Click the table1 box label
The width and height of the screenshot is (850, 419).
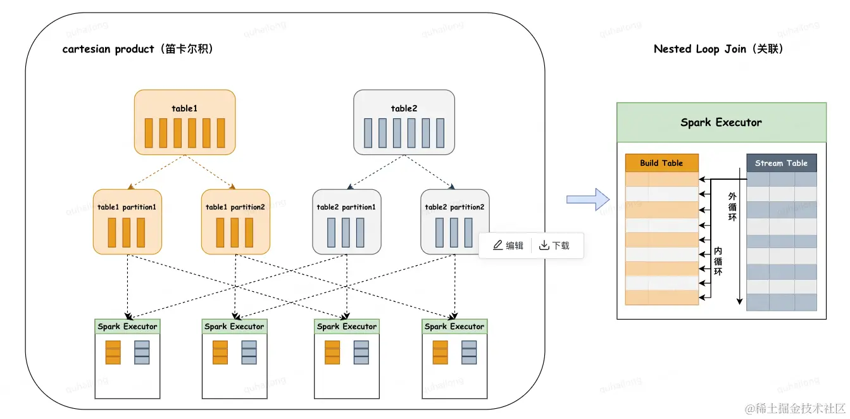(x=184, y=108)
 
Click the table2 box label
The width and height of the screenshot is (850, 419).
(x=404, y=108)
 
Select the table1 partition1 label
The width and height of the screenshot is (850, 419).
(x=127, y=207)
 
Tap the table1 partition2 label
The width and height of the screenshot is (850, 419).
(x=235, y=207)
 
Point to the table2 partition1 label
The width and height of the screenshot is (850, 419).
(x=346, y=207)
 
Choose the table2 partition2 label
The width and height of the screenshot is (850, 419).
(x=454, y=207)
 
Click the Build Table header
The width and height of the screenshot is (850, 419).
(x=662, y=163)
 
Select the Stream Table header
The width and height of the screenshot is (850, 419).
(x=781, y=163)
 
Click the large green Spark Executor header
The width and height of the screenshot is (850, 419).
(x=722, y=122)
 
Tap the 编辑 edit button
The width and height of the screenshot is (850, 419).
(x=508, y=246)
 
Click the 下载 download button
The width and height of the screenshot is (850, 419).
(x=554, y=246)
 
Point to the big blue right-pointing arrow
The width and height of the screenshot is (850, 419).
(x=588, y=199)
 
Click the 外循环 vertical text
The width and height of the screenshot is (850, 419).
(x=732, y=207)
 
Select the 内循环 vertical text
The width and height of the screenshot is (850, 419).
(x=718, y=261)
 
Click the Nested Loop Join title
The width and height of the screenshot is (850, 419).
(x=718, y=49)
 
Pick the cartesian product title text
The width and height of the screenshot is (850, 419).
(x=138, y=49)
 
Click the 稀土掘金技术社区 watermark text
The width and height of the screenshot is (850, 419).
(x=795, y=408)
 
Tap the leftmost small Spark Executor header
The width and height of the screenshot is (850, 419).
(x=127, y=327)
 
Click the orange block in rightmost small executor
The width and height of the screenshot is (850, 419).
(x=440, y=352)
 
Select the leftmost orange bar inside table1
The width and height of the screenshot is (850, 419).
(x=149, y=133)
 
